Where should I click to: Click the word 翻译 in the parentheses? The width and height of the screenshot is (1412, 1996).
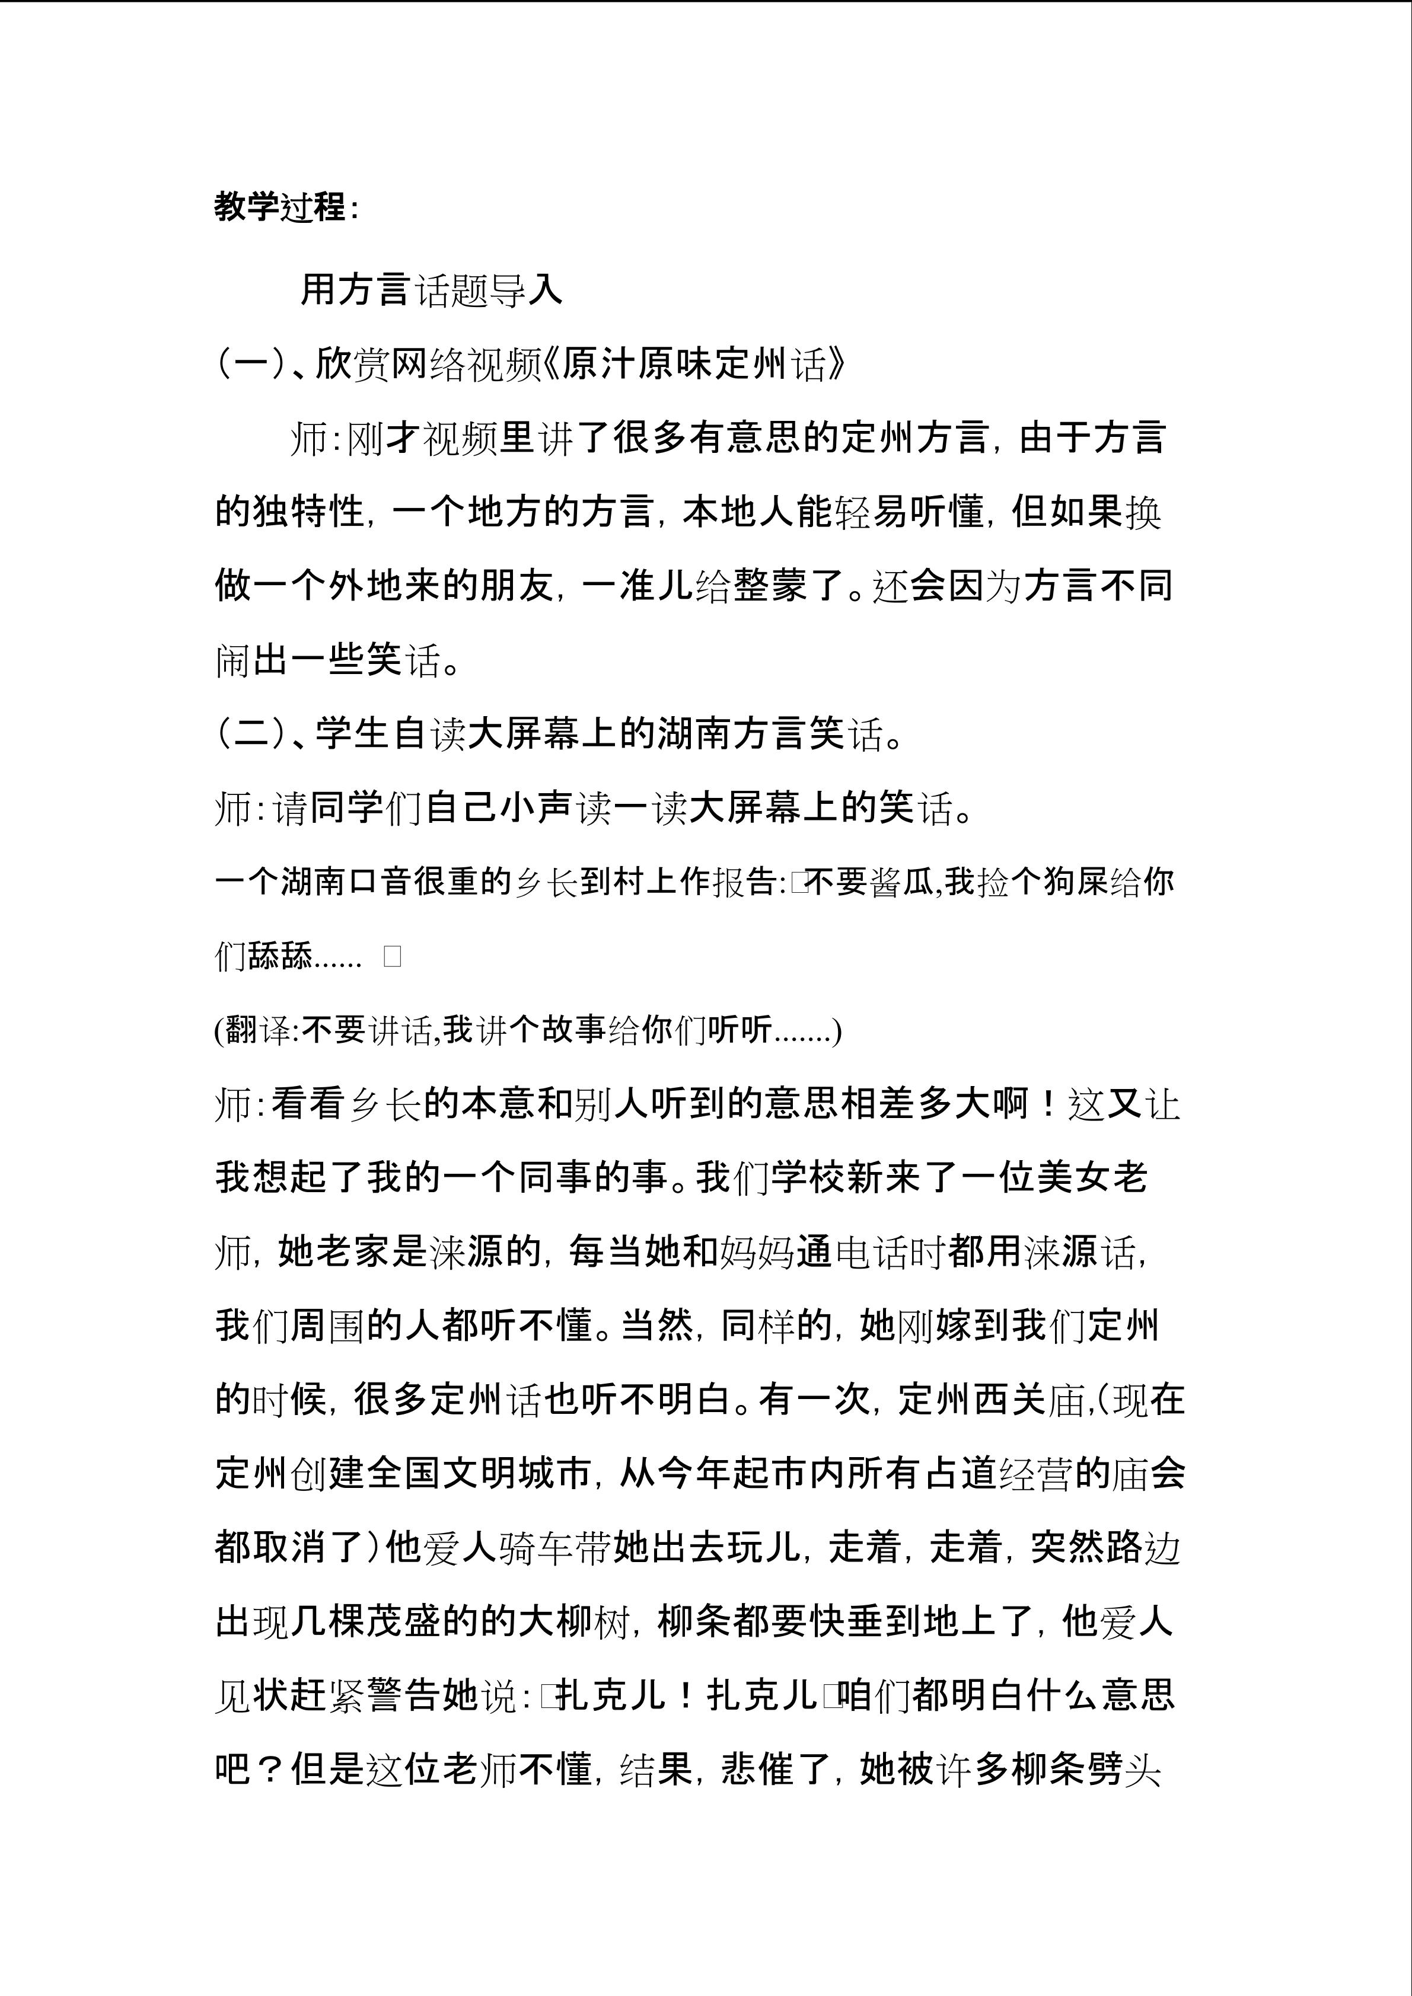pyautogui.click(x=257, y=1030)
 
